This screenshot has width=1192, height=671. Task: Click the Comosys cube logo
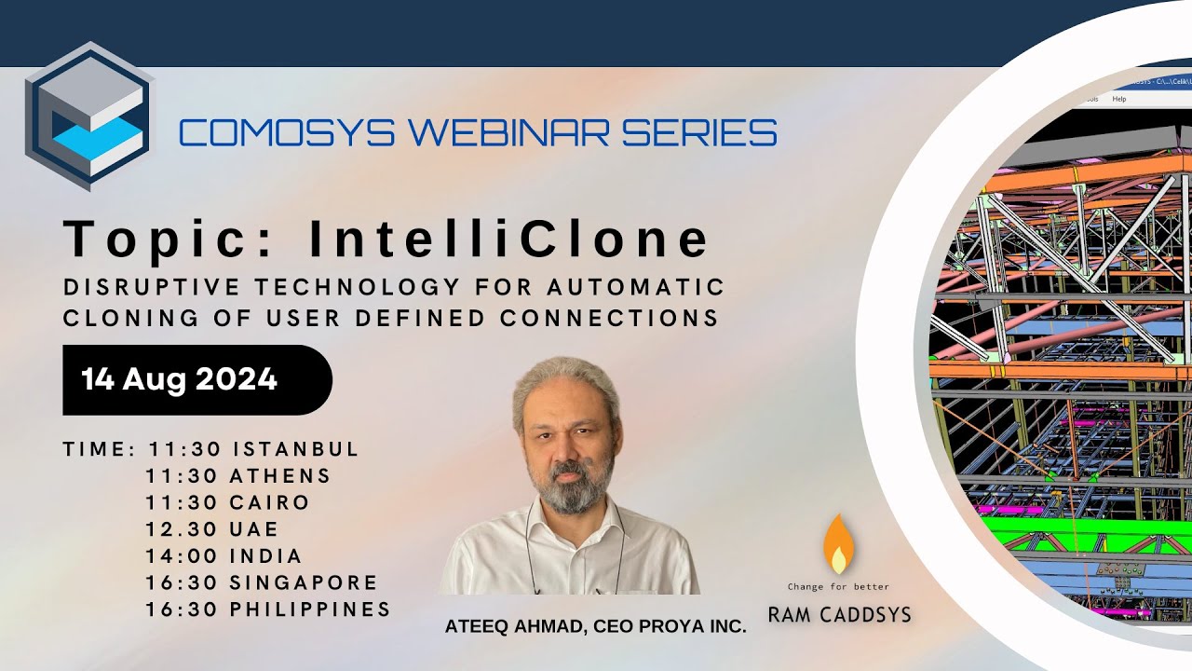(88, 116)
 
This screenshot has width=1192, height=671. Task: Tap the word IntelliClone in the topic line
(509, 240)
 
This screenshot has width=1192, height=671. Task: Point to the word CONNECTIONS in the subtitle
(609, 318)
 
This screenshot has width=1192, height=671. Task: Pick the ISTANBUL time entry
(296, 449)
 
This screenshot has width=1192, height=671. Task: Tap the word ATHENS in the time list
(280, 476)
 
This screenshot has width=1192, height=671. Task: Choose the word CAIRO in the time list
(270, 503)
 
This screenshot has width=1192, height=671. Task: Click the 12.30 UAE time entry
(212, 530)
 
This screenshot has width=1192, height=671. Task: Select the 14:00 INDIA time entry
(224, 556)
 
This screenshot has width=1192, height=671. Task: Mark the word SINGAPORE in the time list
(305, 583)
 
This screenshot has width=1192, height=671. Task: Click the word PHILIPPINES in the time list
(310, 610)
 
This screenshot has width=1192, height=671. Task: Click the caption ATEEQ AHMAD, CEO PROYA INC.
(596, 627)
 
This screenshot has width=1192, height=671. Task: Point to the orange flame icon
(838, 544)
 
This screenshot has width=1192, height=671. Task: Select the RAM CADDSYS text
(839, 615)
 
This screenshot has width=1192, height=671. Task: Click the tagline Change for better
(838, 587)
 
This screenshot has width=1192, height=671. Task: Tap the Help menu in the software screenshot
(1118, 99)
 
